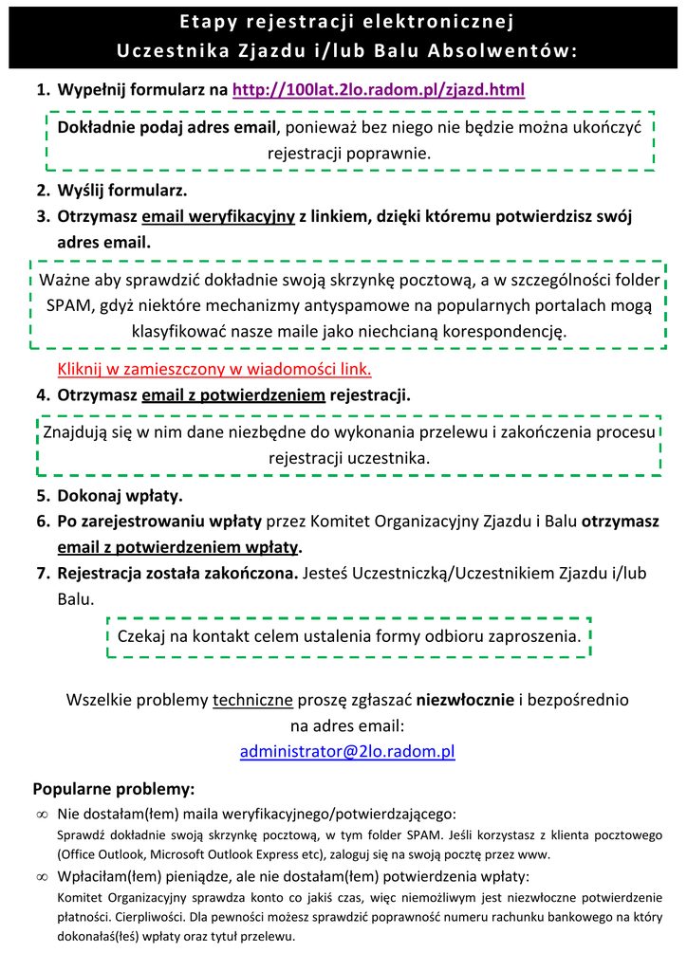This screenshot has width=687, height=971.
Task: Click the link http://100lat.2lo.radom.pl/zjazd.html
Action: pyautogui.click(x=378, y=90)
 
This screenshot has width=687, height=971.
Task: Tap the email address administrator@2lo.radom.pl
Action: pyautogui.click(x=347, y=751)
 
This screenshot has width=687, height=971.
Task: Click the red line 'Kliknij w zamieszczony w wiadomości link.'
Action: pyautogui.click(x=214, y=369)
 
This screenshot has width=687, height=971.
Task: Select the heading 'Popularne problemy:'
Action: pyautogui.click(x=114, y=789)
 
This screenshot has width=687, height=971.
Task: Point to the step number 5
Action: pyautogui.click(x=43, y=495)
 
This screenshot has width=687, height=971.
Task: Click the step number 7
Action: pyautogui.click(x=43, y=573)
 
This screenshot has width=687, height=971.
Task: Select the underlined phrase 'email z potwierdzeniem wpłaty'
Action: pyautogui.click(x=177, y=547)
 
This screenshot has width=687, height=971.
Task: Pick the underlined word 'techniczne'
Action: pyautogui.click(x=252, y=700)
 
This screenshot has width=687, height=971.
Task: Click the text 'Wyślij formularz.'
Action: pyautogui.click(x=122, y=190)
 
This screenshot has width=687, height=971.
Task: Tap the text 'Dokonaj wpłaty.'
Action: pyautogui.click(x=121, y=495)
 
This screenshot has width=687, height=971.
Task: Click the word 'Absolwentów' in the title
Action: pyautogui.click(x=511, y=49)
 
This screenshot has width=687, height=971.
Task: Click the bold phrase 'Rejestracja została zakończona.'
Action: pyautogui.click(x=177, y=573)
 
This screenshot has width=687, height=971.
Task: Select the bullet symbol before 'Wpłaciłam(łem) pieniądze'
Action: pyautogui.click(x=42, y=877)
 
